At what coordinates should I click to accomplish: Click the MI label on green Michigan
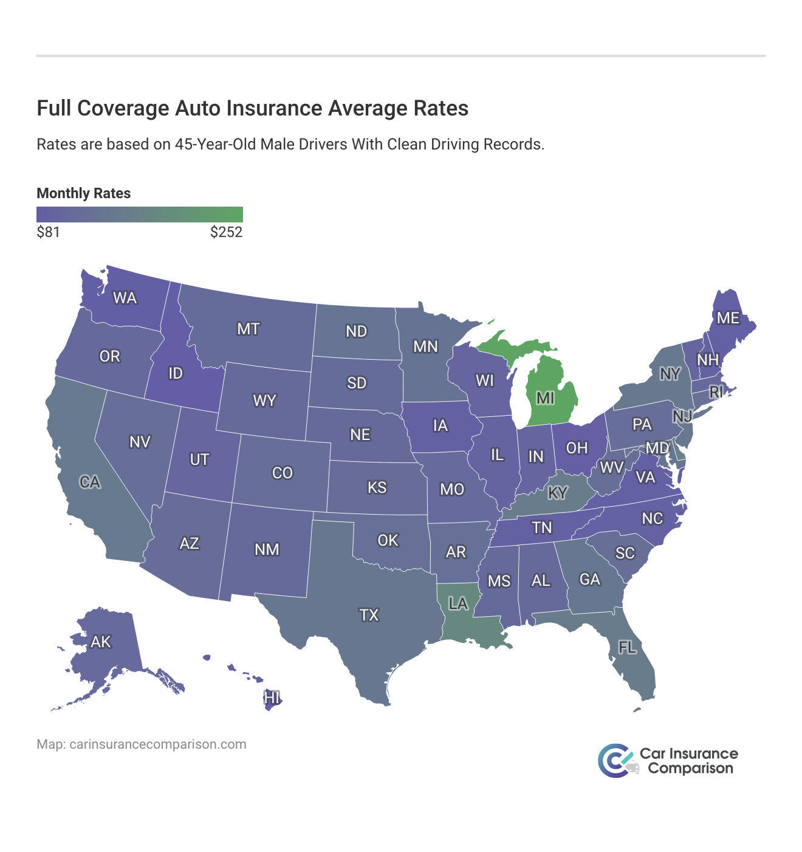pyautogui.click(x=545, y=398)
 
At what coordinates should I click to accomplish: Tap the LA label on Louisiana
pyautogui.click(x=458, y=603)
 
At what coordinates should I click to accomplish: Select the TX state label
pyautogui.click(x=369, y=616)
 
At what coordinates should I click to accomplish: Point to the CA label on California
pyautogui.click(x=90, y=483)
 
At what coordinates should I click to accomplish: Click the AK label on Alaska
pyautogui.click(x=101, y=642)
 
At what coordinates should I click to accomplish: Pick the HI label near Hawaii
pyautogui.click(x=272, y=698)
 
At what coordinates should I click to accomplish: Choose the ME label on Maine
pyautogui.click(x=728, y=318)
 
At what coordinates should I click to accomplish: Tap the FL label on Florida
pyautogui.click(x=627, y=648)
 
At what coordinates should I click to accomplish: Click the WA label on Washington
pyautogui.click(x=125, y=298)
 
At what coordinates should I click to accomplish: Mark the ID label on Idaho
pyautogui.click(x=176, y=373)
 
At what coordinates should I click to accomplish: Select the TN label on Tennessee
pyautogui.click(x=541, y=527)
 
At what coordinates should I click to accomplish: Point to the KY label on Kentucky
pyautogui.click(x=557, y=493)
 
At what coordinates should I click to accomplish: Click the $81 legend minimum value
pyautogui.click(x=48, y=232)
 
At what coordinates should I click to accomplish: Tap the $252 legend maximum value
pyautogui.click(x=226, y=232)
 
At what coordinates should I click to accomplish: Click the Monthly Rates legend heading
pyautogui.click(x=84, y=193)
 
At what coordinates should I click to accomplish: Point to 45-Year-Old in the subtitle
pyautogui.click(x=214, y=145)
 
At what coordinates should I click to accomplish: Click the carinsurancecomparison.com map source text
pyautogui.click(x=157, y=744)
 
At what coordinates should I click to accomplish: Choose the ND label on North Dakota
pyautogui.click(x=356, y=331)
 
